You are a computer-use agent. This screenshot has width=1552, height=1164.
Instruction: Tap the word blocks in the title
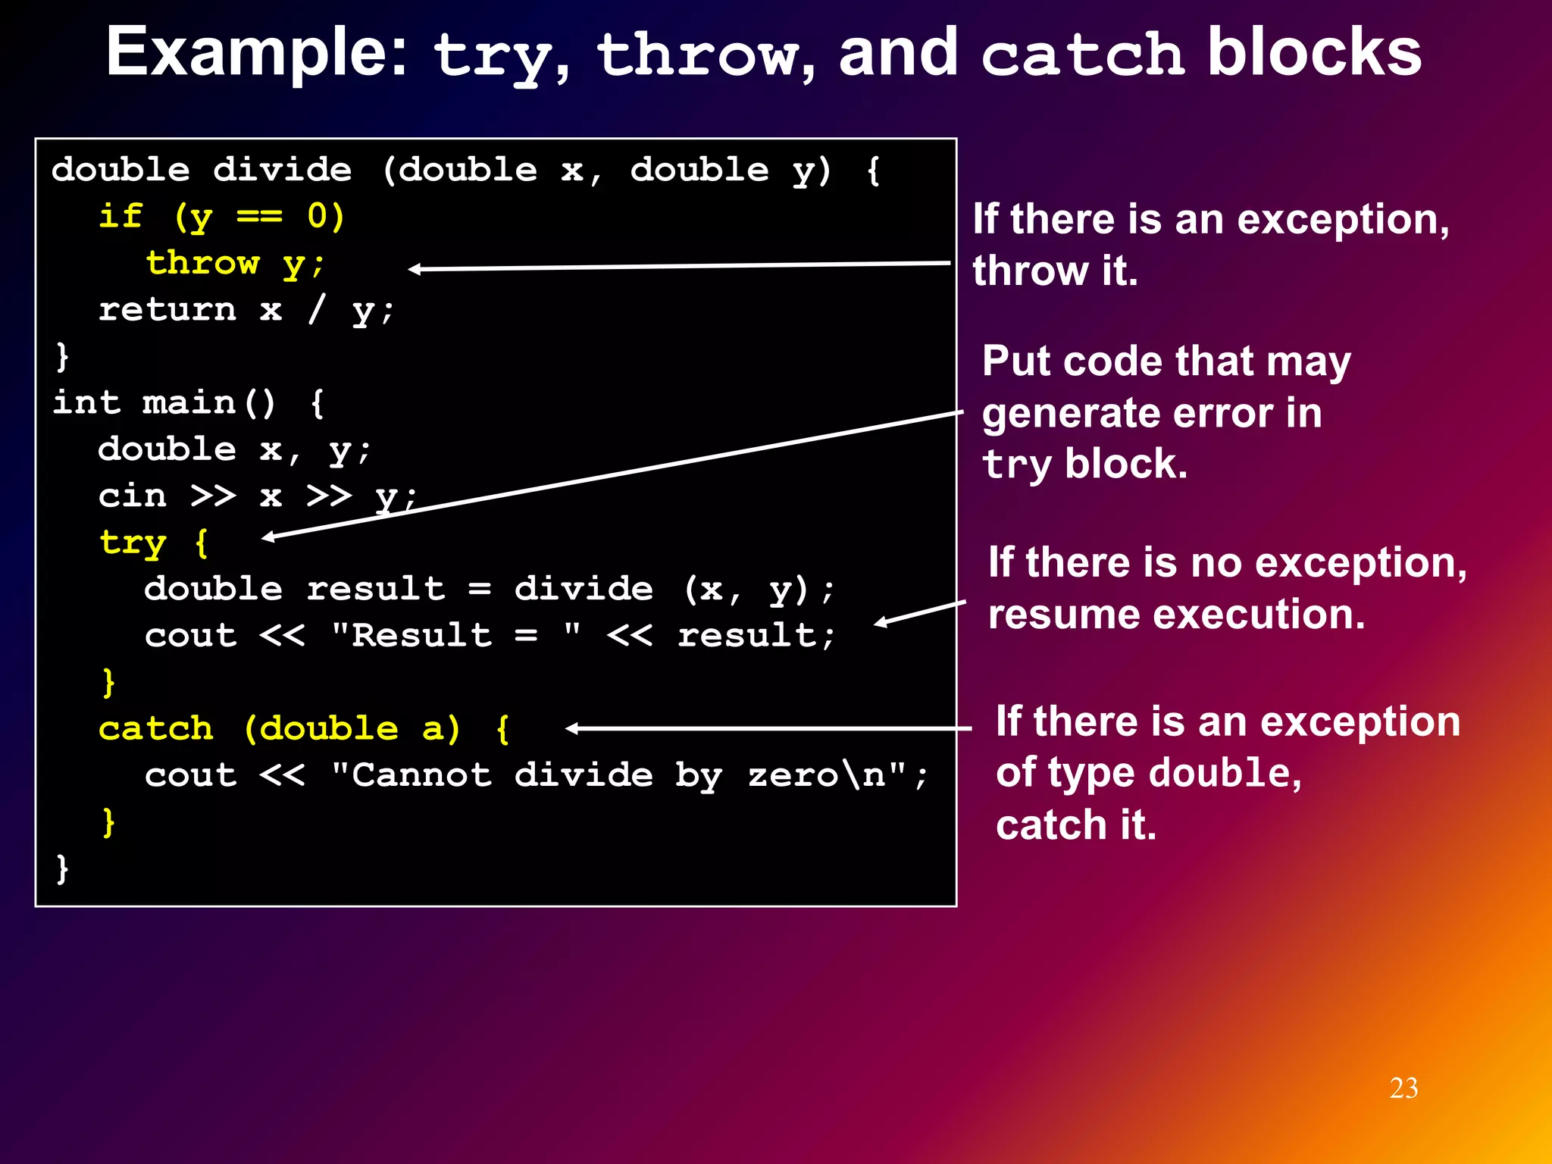tap(1314, 53)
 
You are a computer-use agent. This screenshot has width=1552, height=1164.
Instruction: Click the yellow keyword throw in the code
tap(203, 263)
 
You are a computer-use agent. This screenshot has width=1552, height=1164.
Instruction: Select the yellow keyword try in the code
tap(133, 543)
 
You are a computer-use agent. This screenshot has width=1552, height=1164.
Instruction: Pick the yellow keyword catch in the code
tap(156, 729)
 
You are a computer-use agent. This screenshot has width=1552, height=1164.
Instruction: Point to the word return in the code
tap(167, 309)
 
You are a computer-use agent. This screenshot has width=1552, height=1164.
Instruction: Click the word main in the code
tap(189, 402)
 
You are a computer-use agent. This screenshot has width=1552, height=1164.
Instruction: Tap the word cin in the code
tap(133, 496)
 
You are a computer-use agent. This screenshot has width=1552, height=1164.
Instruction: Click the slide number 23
tap(1403, 1088)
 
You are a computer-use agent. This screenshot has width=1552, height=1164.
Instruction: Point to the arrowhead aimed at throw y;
tap(414, 269)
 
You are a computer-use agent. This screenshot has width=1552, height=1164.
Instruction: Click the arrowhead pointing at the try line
tap(268, 537)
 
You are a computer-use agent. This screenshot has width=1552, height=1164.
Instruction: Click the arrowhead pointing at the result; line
tap(880, 623)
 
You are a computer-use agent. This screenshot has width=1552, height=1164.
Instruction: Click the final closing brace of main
tap(62, 868)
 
